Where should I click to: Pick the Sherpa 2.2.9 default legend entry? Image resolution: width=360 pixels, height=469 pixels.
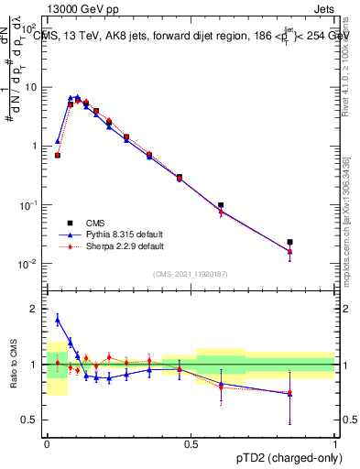click(x=115, y=246)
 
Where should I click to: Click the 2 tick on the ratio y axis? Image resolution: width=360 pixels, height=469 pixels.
click(x=35, y=309)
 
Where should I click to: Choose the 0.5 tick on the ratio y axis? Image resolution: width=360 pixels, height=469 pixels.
click(x=31, y=420)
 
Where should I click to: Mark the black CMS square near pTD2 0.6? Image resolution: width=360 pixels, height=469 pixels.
click(x=221, y=205)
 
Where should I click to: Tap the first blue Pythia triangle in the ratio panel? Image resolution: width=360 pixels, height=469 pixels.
click(x=58, y=320)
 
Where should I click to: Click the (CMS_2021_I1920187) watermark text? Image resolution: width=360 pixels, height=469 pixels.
click(x=191, y=274)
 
